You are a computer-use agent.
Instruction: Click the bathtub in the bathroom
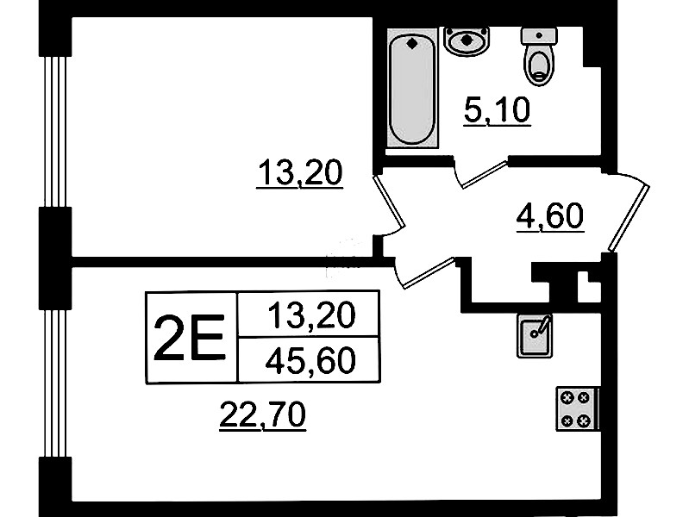coord(411,90)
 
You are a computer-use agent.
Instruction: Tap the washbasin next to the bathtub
coord(467,39)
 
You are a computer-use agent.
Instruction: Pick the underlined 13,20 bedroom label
coord(300,174)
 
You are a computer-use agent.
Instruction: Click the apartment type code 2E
coord(189,337)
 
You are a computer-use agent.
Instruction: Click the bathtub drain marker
coord(411,43)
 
